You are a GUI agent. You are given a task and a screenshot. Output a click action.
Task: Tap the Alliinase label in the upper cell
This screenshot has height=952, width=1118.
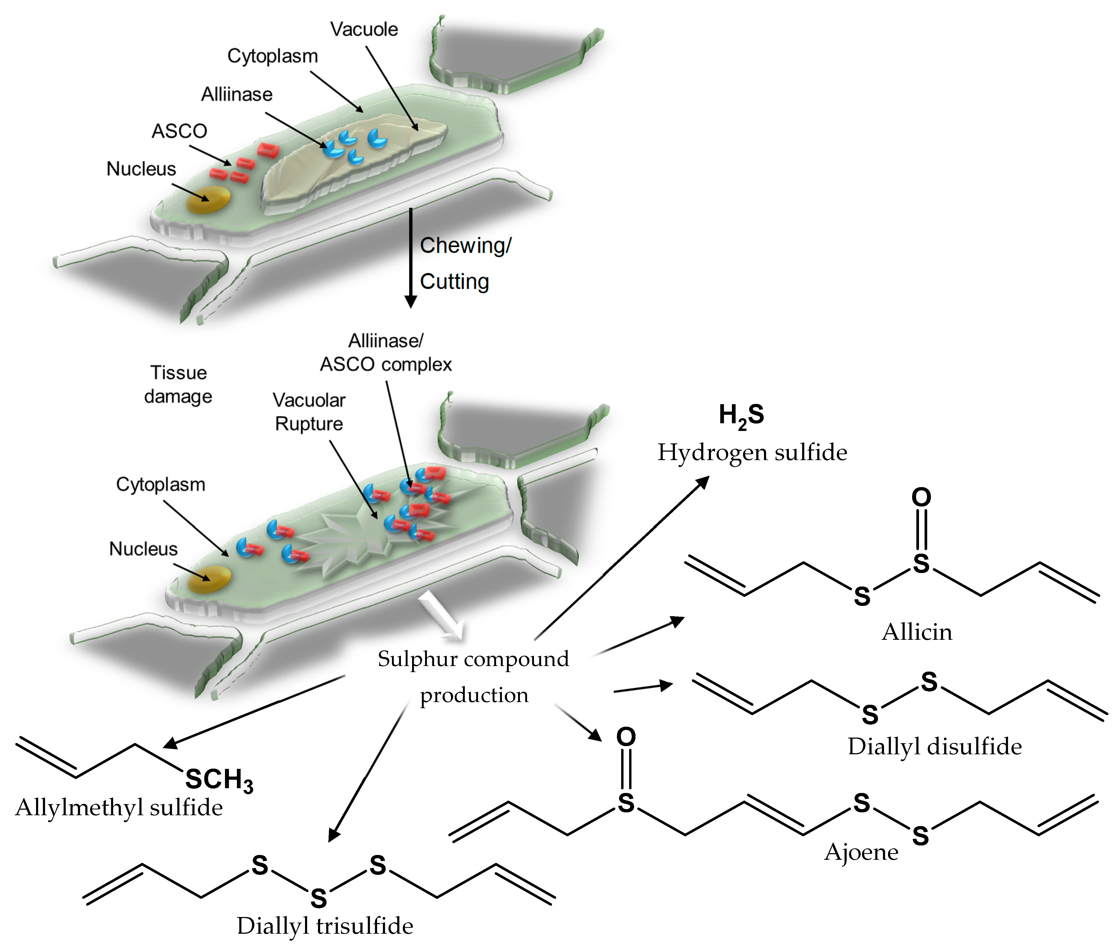click(x=237, y=94)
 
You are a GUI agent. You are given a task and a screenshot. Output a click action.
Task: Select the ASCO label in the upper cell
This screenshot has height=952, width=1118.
click(x=179, y=131)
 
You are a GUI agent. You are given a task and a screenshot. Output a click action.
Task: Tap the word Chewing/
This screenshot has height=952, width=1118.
click(x=465, y=246)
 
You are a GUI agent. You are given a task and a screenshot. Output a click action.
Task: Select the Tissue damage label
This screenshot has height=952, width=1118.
click(x=178, y=384)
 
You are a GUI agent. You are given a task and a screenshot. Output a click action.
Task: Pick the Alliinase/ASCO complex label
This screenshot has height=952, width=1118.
click(x=386, y=352)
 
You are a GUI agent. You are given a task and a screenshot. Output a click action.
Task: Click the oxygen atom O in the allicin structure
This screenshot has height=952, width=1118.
click(x=921, y=497)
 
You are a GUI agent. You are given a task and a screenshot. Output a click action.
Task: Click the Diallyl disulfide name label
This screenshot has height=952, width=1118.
click(x=935, y=746)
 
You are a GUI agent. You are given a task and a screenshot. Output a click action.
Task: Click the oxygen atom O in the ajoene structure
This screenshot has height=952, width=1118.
click(x=626, y=737)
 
